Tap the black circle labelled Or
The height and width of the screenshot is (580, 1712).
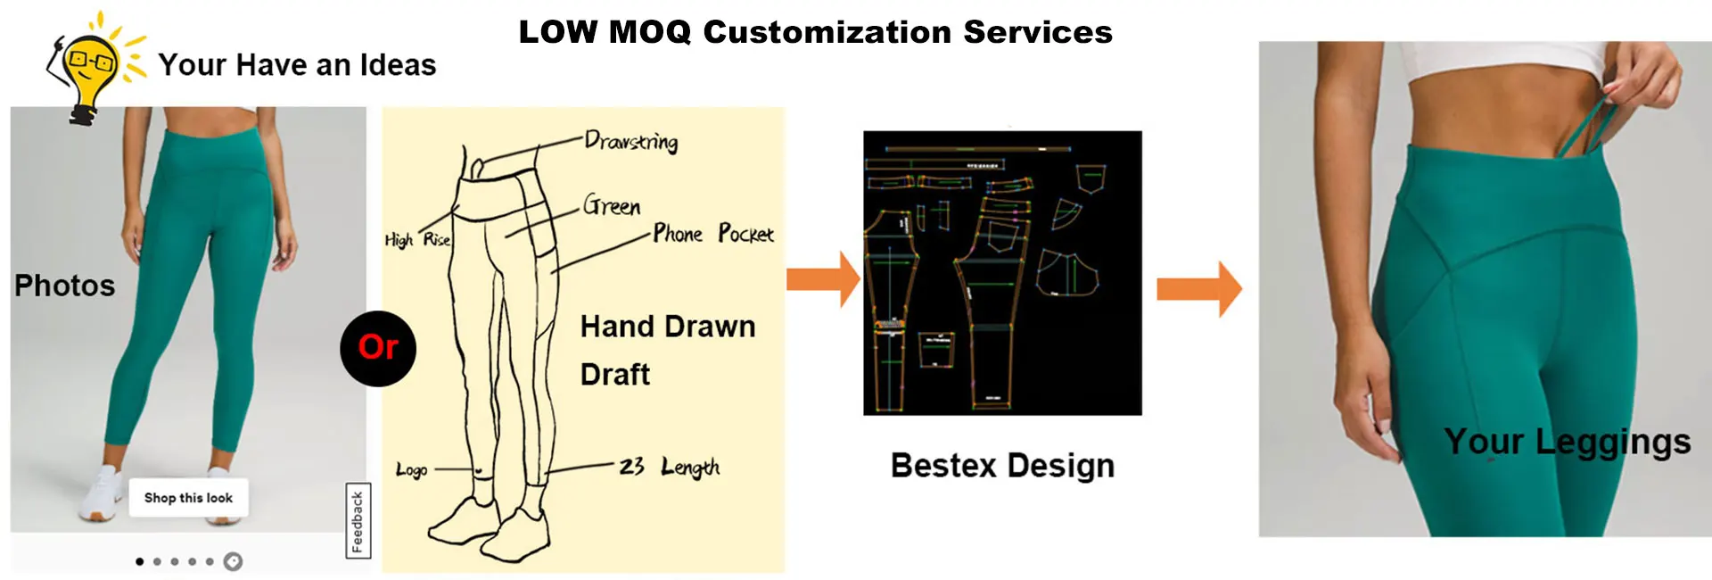[378, 348]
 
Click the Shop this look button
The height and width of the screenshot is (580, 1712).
[188, 498]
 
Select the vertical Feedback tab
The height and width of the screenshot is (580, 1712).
[358, 521]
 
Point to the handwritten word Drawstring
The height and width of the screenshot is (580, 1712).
[630, 141]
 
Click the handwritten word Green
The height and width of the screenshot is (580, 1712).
[612, 206]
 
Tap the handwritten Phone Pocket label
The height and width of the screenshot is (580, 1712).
[713, 234]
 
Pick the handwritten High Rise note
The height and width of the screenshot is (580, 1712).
[417, 239]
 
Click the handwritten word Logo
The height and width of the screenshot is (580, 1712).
[411, 469]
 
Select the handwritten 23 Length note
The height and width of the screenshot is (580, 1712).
[669, 467]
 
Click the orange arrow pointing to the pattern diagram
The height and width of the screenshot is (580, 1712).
[822, 279]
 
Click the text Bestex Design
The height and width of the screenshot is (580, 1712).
[1002, 466]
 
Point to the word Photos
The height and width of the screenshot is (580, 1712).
[64, 286]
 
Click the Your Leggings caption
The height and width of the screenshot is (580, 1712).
[1567, 442]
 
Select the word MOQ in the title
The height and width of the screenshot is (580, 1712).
[649, 32]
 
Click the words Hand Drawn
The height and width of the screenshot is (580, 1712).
[667, 327]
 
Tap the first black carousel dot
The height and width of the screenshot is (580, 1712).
[139, 561]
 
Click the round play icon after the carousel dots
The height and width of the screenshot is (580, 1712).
[233, 561]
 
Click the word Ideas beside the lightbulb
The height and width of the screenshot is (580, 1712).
[398, 65]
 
